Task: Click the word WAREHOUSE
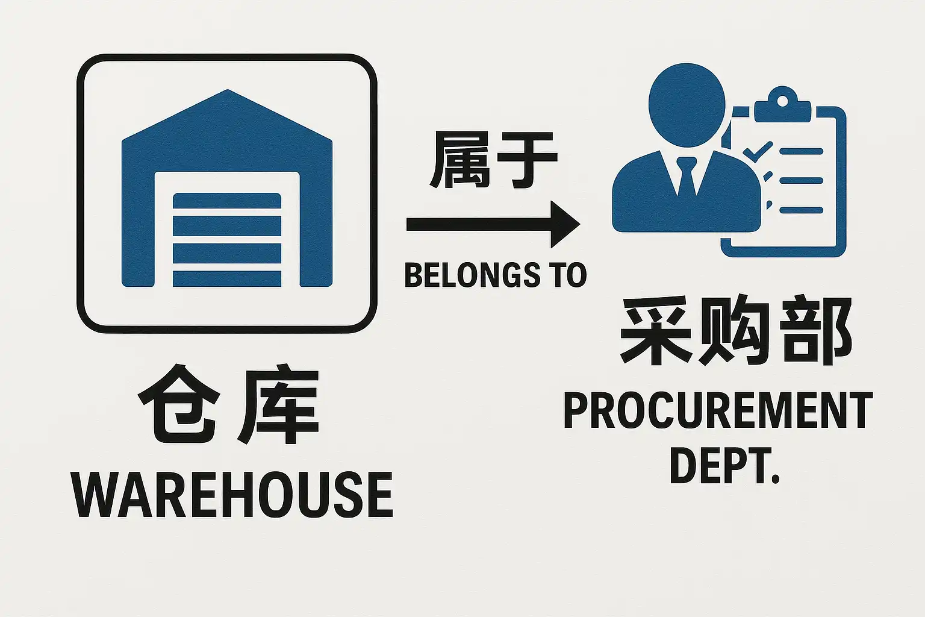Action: tap(232, 495)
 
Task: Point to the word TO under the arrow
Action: tap(567, 275)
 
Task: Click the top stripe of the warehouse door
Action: tap(227, 201)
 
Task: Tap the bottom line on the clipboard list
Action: tap(802, 210)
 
